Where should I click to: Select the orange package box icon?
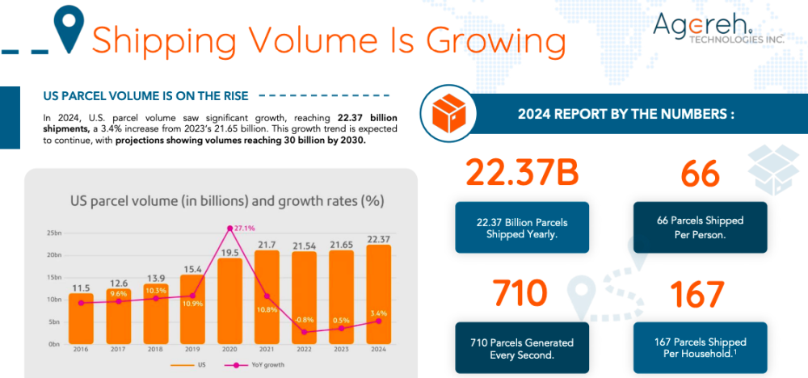pyautogui.click(x=448, y=115)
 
